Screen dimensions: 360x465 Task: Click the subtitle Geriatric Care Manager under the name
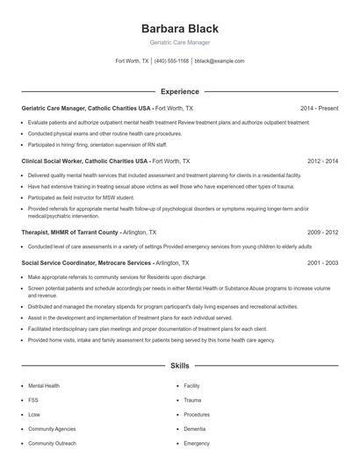(179, 42)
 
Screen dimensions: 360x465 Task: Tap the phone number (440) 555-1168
(172, 61)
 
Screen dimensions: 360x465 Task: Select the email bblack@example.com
(220, 61)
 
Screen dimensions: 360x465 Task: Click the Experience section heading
(179, 91)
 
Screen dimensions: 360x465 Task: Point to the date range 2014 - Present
(319, 108)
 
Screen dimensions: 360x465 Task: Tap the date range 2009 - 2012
(322, 232)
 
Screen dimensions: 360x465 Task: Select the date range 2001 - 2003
(322, 262)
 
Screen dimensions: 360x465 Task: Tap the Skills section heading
(179, 365)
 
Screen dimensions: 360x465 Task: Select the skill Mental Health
(44, 385)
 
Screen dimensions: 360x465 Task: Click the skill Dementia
(196, 429)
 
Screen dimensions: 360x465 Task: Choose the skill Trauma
(193, 400)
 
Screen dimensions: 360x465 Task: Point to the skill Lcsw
(35, 414)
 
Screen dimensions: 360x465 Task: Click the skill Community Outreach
(51, 444)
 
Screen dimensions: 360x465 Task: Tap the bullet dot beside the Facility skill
(176, 385)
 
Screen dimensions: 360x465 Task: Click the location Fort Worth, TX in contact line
(131, 61)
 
